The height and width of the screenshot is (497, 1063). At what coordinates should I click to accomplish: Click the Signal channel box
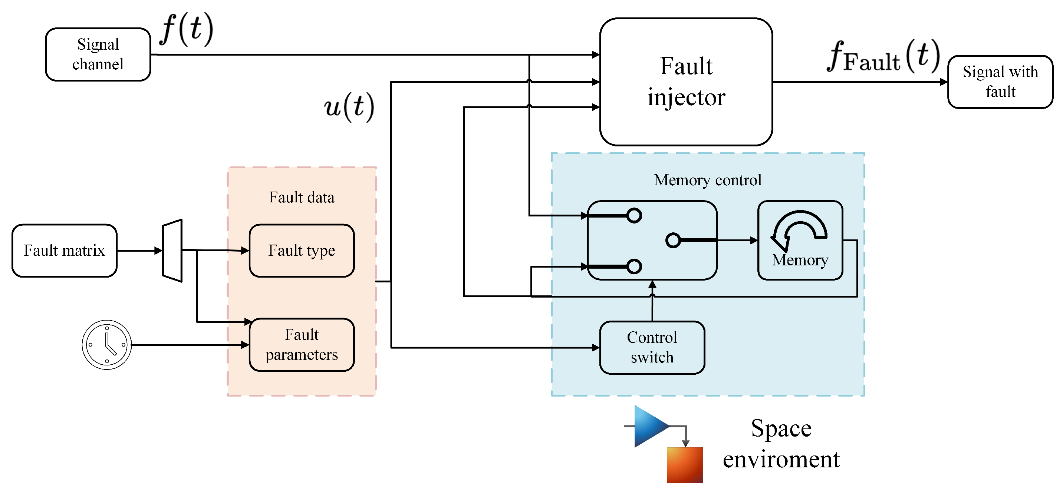98,54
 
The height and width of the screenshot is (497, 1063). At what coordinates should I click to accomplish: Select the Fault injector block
686,82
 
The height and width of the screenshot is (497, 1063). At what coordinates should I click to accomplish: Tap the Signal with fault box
1000,82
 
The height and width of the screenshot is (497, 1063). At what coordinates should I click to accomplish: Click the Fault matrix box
65,251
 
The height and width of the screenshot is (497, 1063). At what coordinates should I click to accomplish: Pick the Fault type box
302,251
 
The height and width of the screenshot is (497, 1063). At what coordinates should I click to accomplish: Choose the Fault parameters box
302,344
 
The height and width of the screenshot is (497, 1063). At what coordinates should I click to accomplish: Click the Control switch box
652,347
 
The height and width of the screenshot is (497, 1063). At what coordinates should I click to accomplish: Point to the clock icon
107,344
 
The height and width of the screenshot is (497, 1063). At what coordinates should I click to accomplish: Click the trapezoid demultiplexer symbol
172,251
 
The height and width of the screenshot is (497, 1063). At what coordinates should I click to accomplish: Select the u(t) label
349,106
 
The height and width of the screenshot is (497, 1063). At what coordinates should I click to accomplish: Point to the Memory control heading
707,180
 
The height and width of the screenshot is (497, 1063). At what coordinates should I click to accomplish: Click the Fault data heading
302,197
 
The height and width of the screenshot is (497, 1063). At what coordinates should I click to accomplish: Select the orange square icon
685,465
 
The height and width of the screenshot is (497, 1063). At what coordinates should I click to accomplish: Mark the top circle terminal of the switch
634,215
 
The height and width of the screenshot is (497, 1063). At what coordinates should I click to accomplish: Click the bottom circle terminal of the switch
634,266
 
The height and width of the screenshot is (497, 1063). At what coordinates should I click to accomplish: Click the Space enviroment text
781,443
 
